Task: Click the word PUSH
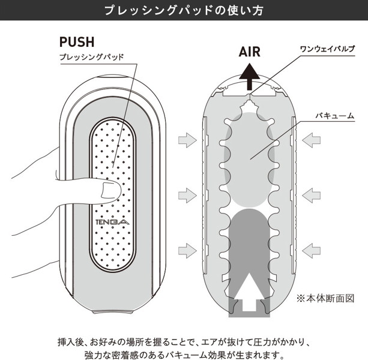tap(77, 41)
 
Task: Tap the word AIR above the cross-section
tap(250, 52)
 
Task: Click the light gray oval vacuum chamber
tap(250, 162)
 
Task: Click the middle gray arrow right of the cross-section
tap(312, 193)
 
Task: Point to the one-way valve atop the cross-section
tap(250, 93)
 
